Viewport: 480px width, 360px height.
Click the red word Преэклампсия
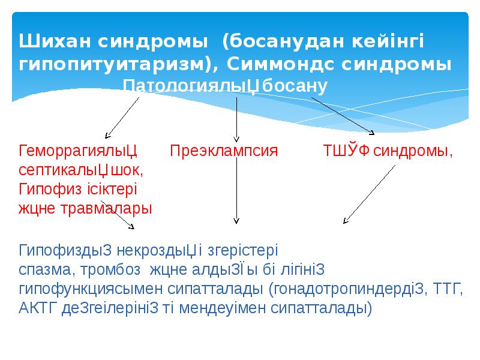point(224,150)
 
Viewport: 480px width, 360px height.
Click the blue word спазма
point(46,269)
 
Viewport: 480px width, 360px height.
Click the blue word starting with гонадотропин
point(349,289)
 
